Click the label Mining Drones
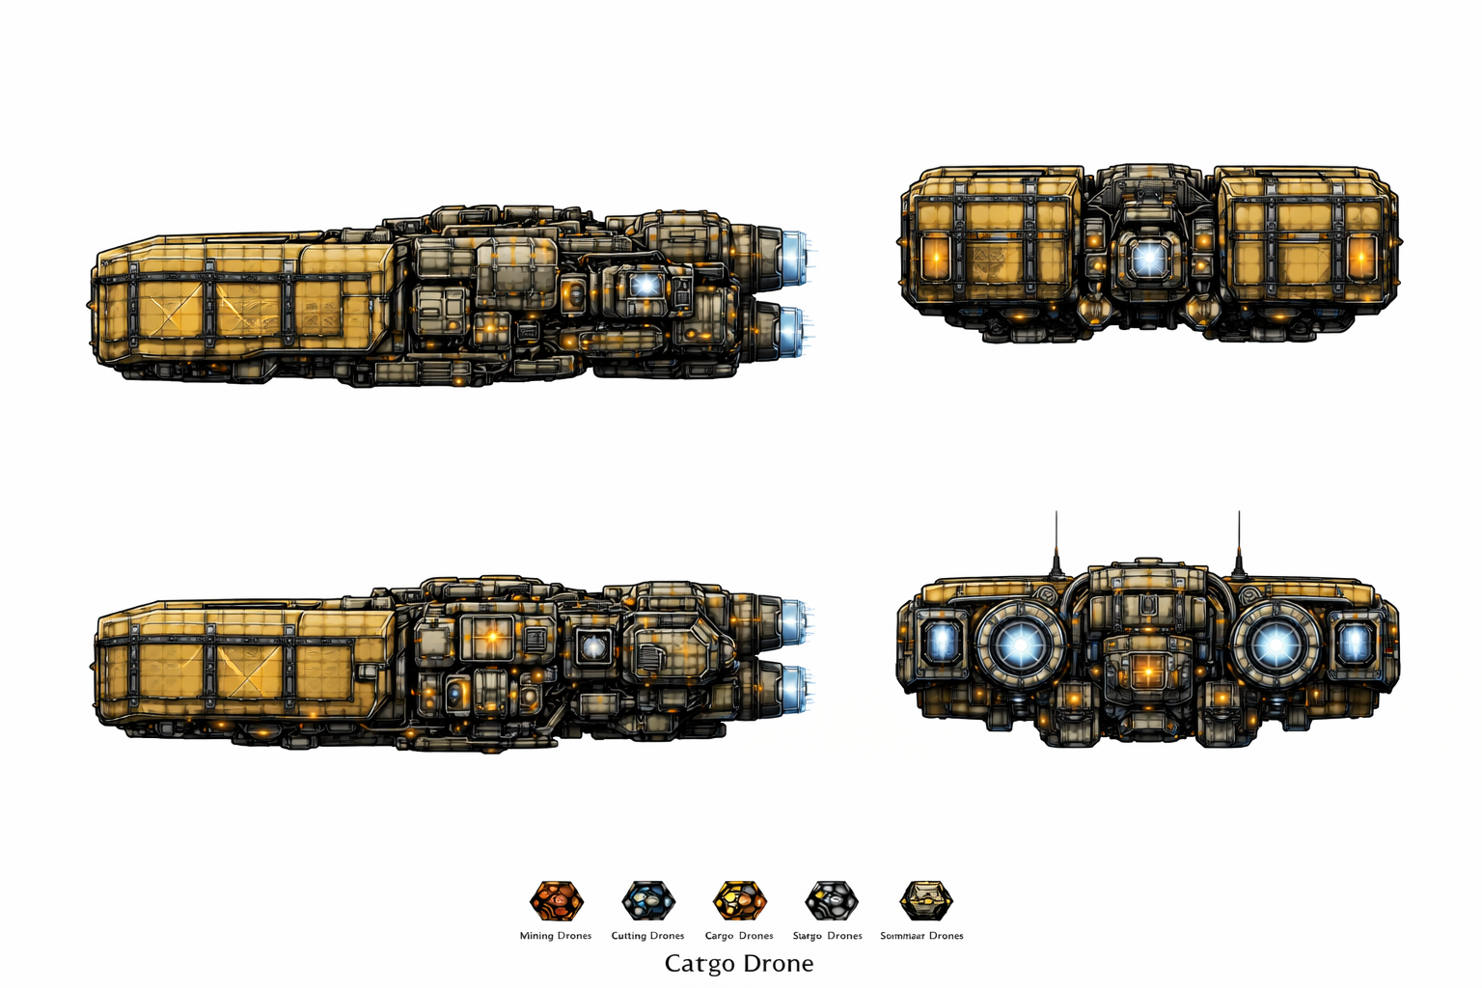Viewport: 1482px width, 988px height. coord(555,936)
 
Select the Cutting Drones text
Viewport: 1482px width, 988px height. coord(647,936)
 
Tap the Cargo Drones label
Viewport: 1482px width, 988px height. coord(739,936)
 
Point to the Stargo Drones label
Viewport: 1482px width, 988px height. coord(827,936)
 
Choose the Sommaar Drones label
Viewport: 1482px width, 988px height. coord(921,936)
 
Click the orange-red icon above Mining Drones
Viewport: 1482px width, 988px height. coord(557,901)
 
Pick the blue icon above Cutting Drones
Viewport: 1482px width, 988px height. coord(648,901)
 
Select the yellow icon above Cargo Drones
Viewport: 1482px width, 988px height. coord(740,901)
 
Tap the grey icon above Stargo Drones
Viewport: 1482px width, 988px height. coord(832,901)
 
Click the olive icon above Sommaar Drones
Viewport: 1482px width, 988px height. coord(925,901)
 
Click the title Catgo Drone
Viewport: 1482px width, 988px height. coord(739,963)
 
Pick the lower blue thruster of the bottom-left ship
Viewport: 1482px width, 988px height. coord(793,685)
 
